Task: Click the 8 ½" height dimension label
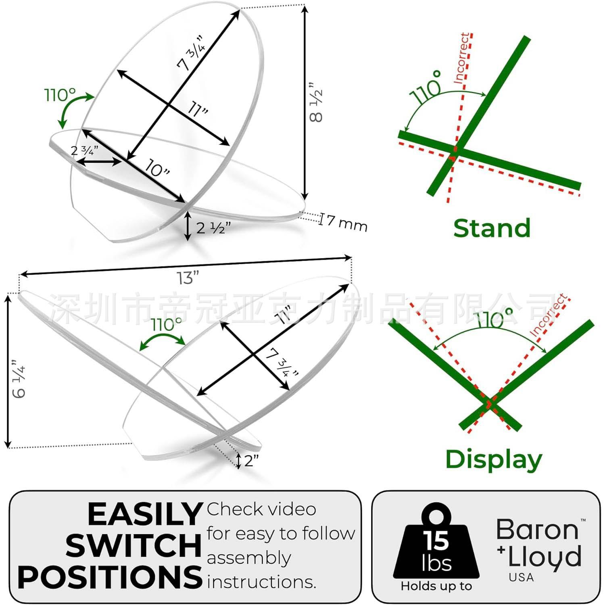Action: (316, 103)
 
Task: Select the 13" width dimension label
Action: (188, 278)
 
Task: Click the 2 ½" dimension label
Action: (213, 228)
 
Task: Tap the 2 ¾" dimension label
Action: (84, 151)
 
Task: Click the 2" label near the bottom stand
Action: (251, 460)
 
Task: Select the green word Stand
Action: (492, 228)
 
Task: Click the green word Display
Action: (494, 459)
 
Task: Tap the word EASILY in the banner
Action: (145, 514)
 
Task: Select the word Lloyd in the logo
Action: (544, 557)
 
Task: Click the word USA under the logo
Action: (521, 578)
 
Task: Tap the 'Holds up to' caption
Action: (436, 586)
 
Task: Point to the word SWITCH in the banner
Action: (134, 545)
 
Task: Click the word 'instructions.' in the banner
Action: (261, 582)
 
